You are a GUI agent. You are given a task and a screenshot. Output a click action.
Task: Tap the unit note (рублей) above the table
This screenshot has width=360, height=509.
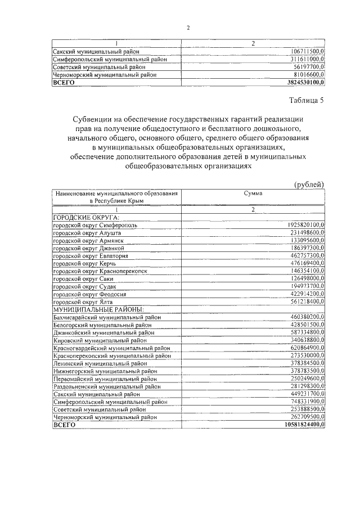[309, 184]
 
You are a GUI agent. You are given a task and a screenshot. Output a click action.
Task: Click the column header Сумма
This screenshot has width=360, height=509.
[253, 192]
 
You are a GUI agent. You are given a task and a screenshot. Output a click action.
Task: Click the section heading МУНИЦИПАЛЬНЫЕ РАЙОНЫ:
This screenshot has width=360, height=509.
[98, 309]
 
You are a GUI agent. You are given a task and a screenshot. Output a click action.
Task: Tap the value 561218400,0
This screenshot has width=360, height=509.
[303, 301]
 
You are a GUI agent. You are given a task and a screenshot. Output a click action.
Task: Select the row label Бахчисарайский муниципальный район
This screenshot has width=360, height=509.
[107, 318]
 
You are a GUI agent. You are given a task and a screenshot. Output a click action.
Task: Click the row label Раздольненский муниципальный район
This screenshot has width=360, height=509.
[107, 387]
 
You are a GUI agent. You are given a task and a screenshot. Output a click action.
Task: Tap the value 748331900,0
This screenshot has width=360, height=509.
[303, 402]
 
